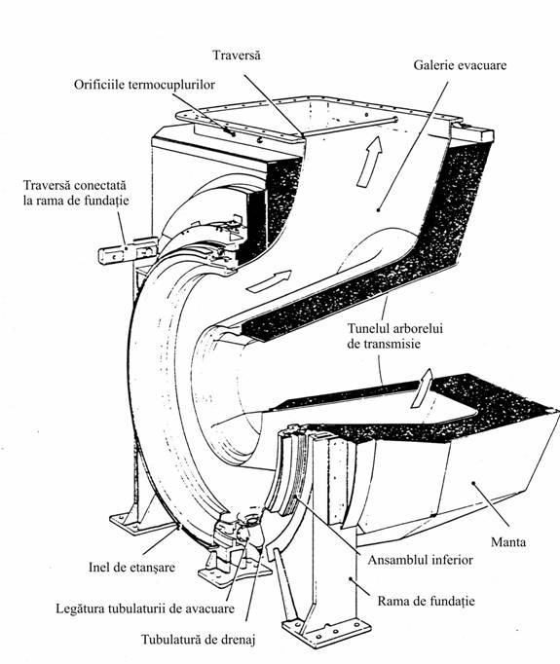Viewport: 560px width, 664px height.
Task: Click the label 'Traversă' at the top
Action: [x=237, y=55]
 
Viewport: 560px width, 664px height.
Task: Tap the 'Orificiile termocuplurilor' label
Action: [x=144, y=85]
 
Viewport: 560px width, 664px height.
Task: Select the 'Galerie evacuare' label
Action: [x=460, y=65]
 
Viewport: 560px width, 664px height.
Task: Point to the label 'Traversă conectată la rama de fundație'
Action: [x=76, y=193]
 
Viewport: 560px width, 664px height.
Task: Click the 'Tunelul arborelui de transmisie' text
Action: [x=394, y=336]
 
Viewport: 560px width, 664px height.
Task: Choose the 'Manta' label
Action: [x=508, y=541]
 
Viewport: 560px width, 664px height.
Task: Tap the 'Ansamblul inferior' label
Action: [x=420, y=560]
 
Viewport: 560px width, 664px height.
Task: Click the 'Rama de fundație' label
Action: [x=427, y=601]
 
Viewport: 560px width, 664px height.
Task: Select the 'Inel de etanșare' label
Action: [x=131, y=567]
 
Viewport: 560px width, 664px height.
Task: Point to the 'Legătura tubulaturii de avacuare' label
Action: [x=145, y=609]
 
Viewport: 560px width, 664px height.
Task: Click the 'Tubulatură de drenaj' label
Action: [x=199, y=640]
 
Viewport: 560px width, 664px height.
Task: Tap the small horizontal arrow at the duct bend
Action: [x=270, y=281]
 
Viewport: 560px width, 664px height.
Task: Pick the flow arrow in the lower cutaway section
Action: [x=422, y=388]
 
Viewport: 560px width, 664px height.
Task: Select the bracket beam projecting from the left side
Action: [x=127, y=252]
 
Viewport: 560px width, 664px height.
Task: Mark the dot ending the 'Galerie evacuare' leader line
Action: [x=378, y=209]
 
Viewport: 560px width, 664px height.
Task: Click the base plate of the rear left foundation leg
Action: [x=127, y=521]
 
